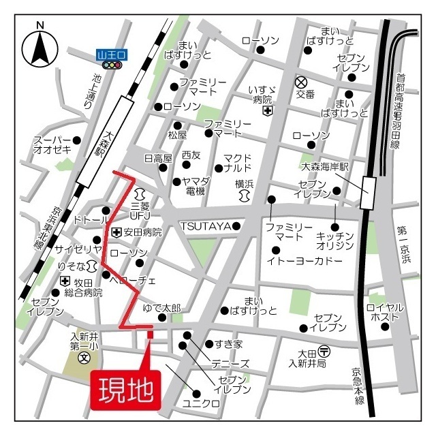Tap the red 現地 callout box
pyautogui.click(x=126, y=390)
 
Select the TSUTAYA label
pyautogui.click(x=205, y=226)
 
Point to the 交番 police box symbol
pyautogui.click(x=300, y=82)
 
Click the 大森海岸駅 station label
pyautogui.click(x=324, y=167)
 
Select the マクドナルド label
pyautogui.click(x=237, y=163)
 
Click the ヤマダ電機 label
pyautogui.click(x=196, y=187)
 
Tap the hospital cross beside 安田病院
pyautogui.click(x=116, y=232)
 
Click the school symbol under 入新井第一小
pyautogui.click(x=84, y=357)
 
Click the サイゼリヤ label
pyautogui.click(x=78, y=247)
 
